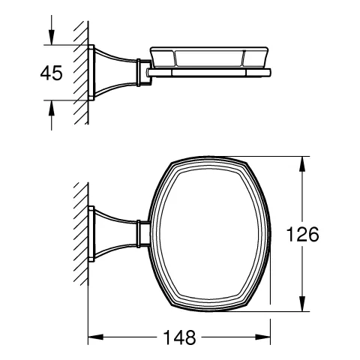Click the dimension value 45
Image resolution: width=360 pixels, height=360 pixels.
[31, 74]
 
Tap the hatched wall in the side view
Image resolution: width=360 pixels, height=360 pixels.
[79, 71]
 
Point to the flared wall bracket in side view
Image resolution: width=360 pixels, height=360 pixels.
[112, 71]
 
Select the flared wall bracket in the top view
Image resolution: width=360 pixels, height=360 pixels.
[112, 234]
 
